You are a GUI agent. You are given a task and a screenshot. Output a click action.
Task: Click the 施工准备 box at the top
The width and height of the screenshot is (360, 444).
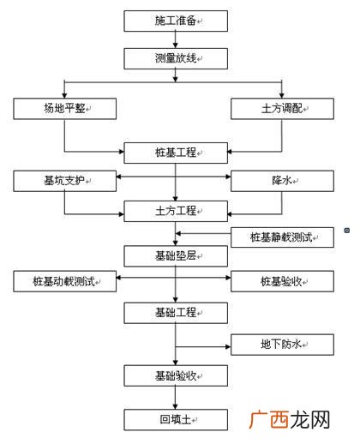coord(176,20)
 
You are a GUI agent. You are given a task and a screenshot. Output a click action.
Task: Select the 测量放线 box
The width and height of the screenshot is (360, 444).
coord(176,58)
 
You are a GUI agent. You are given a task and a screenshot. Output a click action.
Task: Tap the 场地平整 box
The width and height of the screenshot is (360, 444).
coord(64,108)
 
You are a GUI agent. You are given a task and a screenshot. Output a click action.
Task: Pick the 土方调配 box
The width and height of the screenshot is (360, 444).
coord(282,108)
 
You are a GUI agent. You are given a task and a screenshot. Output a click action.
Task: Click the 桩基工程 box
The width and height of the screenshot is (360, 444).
coord(176,153)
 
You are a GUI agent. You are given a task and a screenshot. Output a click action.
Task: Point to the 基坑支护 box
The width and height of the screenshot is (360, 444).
coord(64,181)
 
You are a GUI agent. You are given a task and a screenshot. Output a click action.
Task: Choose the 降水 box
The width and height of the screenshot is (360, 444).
coord(282,181)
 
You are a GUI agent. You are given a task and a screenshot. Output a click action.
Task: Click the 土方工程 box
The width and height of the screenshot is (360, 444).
coord(176,210)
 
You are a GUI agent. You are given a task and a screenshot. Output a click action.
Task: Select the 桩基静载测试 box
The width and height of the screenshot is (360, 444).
coord(282,236)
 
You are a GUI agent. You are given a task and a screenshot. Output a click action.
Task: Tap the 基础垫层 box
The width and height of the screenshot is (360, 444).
coord(176,255)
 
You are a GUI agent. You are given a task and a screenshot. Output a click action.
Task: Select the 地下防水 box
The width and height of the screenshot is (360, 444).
coord(282,345)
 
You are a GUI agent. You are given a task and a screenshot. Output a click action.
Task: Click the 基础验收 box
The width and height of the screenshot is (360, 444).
coord(176,375)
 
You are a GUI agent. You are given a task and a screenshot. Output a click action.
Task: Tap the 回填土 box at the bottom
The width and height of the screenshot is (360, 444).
coord(176,420)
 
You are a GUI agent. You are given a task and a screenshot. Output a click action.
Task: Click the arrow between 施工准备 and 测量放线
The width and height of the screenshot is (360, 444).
coord(176,39)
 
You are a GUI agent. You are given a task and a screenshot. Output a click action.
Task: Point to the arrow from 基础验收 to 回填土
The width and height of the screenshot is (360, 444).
coord(176,398)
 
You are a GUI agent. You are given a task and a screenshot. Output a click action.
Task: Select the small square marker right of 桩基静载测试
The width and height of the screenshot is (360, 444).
coord(345,231)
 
